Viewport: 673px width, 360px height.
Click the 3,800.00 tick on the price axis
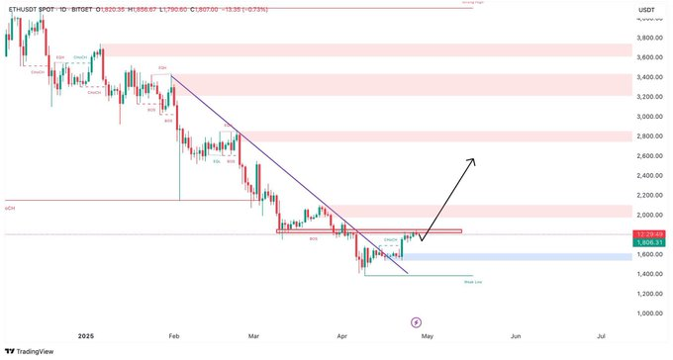649,39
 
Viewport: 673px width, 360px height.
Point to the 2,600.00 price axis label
649,156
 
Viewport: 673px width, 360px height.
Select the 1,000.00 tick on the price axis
649,314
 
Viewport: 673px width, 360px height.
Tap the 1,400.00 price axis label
649,274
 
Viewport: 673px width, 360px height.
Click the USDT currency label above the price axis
647,9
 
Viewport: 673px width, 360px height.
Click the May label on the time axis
429,336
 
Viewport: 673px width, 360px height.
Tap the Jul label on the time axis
602,336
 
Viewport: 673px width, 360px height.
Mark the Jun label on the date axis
516,336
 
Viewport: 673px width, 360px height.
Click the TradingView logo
33,350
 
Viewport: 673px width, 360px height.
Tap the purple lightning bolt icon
416,322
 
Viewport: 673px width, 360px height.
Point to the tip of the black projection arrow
474,159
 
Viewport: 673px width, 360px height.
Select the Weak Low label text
472,282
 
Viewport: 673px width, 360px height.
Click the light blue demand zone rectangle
515,256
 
